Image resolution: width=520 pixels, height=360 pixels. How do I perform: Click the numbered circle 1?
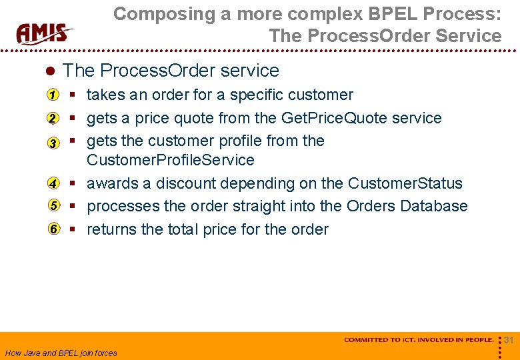[x=53, y=95]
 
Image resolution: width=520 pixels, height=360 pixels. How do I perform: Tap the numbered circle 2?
[x=53, y=119]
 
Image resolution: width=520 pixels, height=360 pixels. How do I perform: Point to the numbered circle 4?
[x=53, y=183]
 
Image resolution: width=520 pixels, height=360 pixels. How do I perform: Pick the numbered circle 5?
[x=53, y=206]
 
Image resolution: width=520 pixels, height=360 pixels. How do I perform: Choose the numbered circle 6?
[x=53, y=229]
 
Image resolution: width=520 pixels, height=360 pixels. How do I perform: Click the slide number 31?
[x=509, y=341]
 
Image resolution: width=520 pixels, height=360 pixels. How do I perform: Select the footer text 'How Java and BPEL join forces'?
[x=61, y=353]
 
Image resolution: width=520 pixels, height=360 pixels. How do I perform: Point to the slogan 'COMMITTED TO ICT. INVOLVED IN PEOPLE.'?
[x=419, y=340]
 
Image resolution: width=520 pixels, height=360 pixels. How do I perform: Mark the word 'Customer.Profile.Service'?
[x=171, y=160]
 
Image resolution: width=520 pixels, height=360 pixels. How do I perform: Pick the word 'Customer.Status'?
[x=405, y=183]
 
